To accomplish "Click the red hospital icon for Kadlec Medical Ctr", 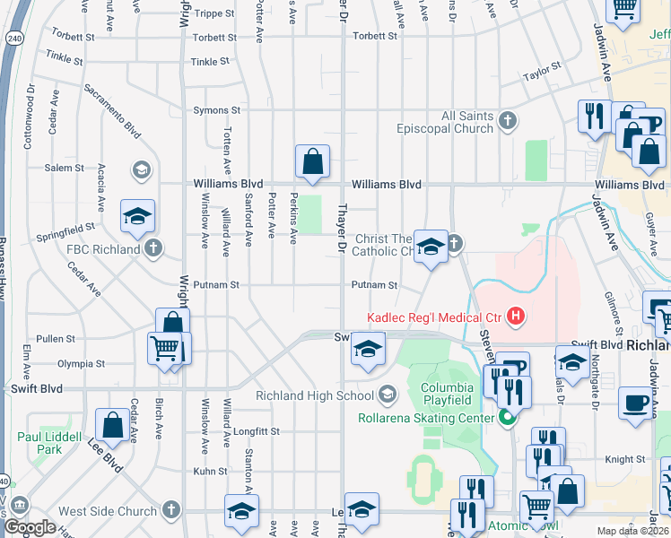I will click(x=516, y=316).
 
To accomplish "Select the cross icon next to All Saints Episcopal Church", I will click(x=509, y=121).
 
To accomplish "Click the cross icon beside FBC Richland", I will click(x=153, y=248).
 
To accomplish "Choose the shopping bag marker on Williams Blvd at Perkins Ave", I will click(x=312, y=163).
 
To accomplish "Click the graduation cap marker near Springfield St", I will click(x=137, y=216).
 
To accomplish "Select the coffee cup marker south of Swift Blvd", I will click(x=636, y=403).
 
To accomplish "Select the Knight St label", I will click(x=619, y=458).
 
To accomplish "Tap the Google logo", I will click(x=30, y=526).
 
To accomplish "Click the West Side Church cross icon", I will click(x=172, y=511).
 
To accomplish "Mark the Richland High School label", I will click(x=314, y=395).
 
